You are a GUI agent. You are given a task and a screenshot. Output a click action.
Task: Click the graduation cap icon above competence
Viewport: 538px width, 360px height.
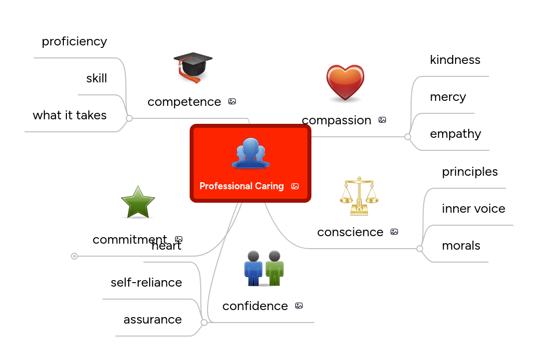tap(193, 68)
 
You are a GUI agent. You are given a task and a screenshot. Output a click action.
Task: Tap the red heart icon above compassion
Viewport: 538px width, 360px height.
tap(345, 83)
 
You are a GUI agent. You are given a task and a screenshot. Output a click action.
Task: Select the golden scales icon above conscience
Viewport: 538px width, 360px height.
tap(359, 196)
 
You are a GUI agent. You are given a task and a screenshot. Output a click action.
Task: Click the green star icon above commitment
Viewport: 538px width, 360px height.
tap(138, 202)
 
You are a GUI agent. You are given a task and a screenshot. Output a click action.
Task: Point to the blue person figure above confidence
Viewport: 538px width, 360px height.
tap(254, 268)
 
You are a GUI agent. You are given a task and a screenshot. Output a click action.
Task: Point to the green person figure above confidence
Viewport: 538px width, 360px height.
tap(274, 268)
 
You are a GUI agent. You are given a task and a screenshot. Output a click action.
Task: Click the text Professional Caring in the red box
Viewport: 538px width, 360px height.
tap(242, 186)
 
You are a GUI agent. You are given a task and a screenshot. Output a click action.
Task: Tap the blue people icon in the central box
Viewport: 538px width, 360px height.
tap(251, 153)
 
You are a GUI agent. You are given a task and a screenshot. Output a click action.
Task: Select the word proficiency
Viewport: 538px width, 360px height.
tap(74, 41)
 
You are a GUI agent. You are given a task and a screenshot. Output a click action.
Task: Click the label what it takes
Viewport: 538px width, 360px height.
tap(70, 115)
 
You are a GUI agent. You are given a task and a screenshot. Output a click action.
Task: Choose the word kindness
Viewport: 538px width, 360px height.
tap(455, 60)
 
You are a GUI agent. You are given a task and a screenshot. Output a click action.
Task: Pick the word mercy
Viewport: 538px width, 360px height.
tap(448, 97)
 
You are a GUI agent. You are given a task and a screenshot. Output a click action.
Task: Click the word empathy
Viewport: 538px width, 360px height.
tap(455, 134)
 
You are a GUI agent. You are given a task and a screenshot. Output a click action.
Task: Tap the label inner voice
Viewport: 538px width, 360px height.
tap(473, 209)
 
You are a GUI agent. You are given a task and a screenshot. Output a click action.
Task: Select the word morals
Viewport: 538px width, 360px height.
tap(461, 246)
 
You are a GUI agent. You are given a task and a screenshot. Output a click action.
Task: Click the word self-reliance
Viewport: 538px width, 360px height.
tap(146, 283)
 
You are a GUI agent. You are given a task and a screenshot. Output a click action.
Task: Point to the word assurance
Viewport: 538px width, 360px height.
tap(153, 320)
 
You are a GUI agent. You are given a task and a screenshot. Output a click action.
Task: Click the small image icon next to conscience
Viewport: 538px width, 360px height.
tap(394, 232)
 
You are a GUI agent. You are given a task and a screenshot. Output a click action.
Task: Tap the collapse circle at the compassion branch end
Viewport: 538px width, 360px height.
tap(408, 137)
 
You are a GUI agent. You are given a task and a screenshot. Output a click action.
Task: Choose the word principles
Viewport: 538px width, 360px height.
tap(470, 172)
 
